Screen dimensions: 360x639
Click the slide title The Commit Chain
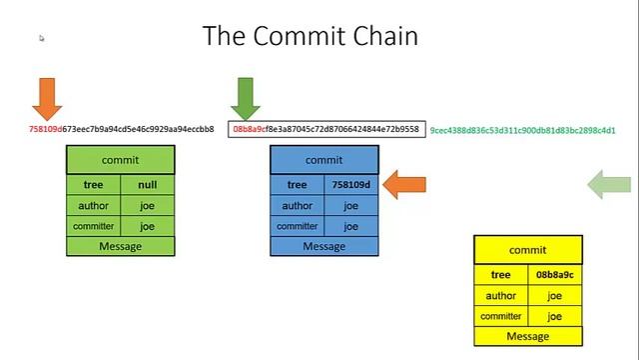pos(310,36)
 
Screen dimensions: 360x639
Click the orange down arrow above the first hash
pos(47,98)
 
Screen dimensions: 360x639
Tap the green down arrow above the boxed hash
pos(245,98)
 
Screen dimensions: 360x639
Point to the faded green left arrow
pos(608,184)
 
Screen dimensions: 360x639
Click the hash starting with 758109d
pos(121,129)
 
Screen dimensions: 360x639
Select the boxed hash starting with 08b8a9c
pos(325,129)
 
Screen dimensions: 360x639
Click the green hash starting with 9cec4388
pos(522,130)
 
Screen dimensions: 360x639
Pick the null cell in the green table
pos(147,185)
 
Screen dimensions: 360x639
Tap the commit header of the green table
pos(120,160)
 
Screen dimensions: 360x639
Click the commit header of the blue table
pos(323,160)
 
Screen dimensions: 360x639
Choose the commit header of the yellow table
pos(527,250)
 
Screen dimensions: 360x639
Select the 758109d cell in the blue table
pos(350,185)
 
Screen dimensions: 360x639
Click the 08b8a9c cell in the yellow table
pos(554,275)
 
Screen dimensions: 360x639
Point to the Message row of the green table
pos(120,246)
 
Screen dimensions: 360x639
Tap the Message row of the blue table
pos(323,246)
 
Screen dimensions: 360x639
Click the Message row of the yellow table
pos(527,336)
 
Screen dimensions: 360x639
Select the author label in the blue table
pos(297,206)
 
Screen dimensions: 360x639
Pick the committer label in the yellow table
pos(500,316)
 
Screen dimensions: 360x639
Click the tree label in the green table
pos(93,185)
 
